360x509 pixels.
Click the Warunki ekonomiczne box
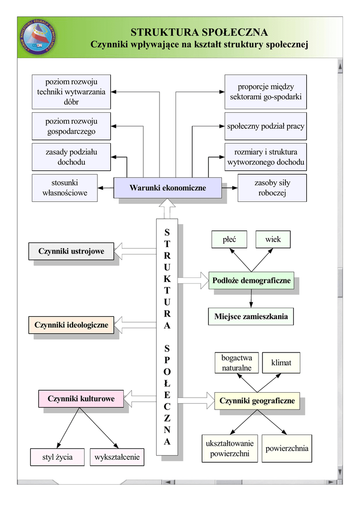click(168, 188)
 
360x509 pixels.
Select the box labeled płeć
click(229, 240)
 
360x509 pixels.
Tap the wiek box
click(273, 240)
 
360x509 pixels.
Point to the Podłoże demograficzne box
click(251, 281)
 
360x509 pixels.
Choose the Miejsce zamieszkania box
click(251, 316)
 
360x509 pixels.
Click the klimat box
click(281, 363)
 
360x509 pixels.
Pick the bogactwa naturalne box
click(237, 363)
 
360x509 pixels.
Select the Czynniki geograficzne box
click(257, 401)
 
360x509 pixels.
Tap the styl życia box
click(58, 457)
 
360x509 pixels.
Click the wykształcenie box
click(117, 457)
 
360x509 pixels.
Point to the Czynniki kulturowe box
click(81, 399)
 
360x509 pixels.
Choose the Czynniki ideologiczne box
click(71, 325)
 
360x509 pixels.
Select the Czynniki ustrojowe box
click(71, 252)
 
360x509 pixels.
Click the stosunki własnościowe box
click(65, 188)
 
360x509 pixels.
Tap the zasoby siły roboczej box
click(272, 188)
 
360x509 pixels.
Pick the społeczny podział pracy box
click(266, 126)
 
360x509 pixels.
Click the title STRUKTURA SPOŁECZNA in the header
click(199, 32)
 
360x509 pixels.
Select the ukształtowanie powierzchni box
click(229, 448)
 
